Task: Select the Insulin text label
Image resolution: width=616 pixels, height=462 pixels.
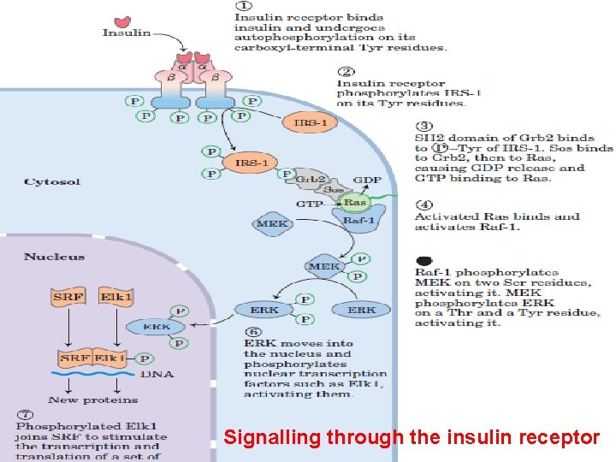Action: (x=126, y=33)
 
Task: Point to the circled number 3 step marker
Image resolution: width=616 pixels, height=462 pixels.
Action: (x=424, y=125)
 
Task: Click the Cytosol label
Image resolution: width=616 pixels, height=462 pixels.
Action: (x=52, y=182)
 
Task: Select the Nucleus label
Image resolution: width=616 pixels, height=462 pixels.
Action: (x=54, y=257)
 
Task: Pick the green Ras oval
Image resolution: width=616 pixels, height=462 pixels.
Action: (x=354, y=204)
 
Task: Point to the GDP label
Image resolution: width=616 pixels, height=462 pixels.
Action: (x=367, y=181)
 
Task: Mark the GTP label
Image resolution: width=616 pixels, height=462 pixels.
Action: (x=309, y=204)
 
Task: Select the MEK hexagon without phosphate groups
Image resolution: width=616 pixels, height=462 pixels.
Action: (x=272, y=224)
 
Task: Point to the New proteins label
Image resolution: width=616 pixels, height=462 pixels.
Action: (x=93, y=400)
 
